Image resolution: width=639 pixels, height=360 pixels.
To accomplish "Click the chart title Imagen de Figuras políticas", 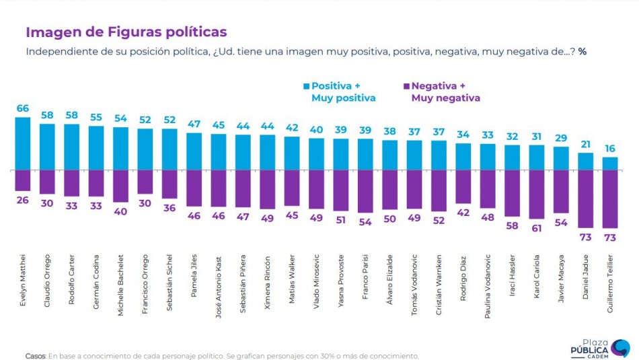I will [126, 32].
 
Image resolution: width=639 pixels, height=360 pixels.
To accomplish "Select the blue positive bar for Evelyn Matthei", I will [23, 143].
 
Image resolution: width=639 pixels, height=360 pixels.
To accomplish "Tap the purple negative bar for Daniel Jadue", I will [586, 199].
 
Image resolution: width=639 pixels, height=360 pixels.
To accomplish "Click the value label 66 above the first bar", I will [23, 108].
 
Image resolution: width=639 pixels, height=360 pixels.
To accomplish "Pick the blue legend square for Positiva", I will [306, 86].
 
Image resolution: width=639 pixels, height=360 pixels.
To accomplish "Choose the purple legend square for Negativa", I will [406, 86].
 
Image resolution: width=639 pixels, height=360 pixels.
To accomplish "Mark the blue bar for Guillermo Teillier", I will [610, 164].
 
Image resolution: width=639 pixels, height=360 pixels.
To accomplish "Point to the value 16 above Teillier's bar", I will [610, 148].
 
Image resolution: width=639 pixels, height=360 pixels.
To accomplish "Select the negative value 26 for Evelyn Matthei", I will [23, 201].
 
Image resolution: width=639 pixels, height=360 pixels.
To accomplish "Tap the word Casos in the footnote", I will [35, 356].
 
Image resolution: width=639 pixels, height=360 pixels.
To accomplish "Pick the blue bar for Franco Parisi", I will [366, 155].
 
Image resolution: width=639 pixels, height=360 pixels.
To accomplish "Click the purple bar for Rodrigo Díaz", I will [463, 187].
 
